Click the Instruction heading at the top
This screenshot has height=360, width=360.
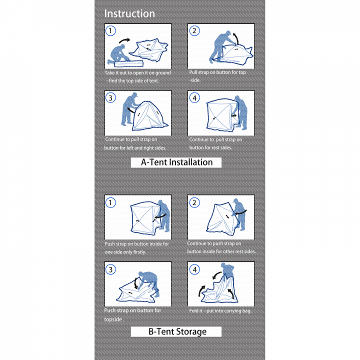129,14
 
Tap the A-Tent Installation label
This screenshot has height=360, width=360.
176,162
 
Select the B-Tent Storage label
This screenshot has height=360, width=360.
177,332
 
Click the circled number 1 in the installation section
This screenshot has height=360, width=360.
110,31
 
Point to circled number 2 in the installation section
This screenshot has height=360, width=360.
194,31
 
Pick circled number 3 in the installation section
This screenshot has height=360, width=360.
110,98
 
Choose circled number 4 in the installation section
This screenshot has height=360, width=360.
194,98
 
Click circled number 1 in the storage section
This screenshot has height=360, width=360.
110,202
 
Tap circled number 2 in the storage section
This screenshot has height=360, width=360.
194,202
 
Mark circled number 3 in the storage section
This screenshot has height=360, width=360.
110,269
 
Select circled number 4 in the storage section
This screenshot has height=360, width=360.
194,269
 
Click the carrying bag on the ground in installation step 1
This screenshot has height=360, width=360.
129,64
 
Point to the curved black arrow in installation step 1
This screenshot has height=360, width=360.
124,40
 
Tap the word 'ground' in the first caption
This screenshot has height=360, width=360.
163,73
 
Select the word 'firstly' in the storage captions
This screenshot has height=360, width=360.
139,252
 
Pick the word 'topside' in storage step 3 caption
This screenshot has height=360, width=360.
112,319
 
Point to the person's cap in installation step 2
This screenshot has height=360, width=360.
228,32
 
